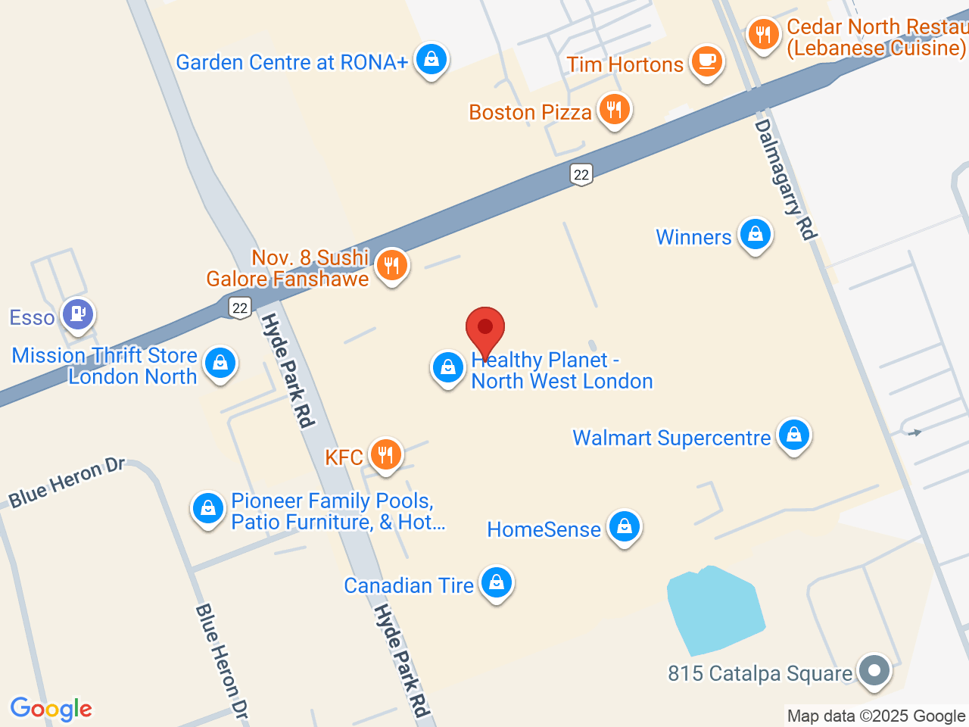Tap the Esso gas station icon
(x=78, y=313)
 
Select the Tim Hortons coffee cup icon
(x=706, y=61)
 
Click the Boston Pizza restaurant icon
(x=614, y=109)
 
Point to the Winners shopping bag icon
(x=755, y=235)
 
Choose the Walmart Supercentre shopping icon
(x=793, y=435)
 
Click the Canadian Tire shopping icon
(x=497, y=583)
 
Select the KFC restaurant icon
(x=386, y=454)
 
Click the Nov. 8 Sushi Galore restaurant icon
(x=391, y=265)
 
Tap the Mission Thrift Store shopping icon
(x=220, y=363)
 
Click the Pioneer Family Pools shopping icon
(x=207, y=508)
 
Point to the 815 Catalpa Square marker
(x=874, y=670)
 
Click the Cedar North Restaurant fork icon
(x=763, y=34)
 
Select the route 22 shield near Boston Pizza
(x=581, y=175)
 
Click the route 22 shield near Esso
(x=240, y=307)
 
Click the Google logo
(x=51, y=710)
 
